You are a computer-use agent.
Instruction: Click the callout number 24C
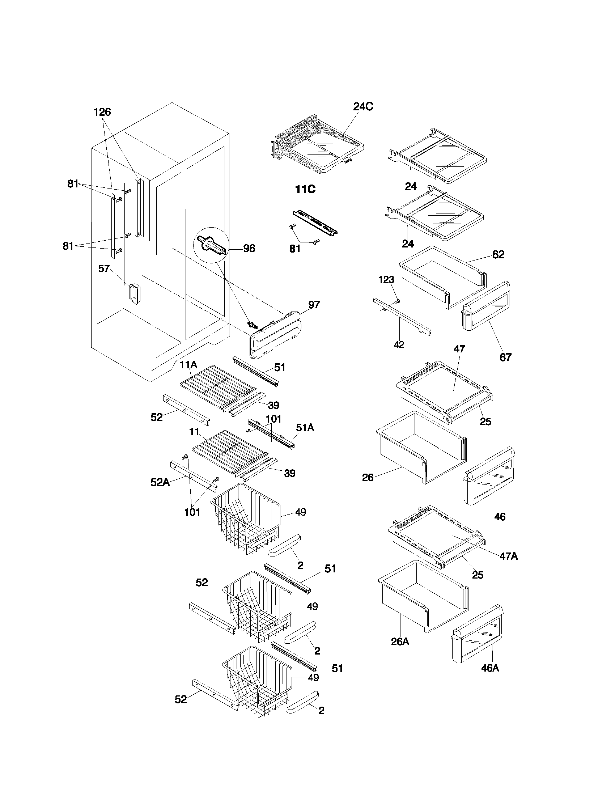(x=363, y=107)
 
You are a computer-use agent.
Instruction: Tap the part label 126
(x=102, y=112)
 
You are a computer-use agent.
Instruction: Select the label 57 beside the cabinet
(x=104, y=268)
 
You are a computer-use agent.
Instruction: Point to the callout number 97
(x=314, y=305)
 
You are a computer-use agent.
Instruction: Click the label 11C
(x=305, y=189)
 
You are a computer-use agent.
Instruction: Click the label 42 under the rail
(x=399, y=345)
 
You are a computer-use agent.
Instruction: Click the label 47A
(x=509, y=556)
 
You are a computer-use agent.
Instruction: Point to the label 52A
(x=160, y=482)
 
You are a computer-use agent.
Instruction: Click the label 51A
(x=305, y=428)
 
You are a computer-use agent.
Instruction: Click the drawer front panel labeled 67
(x=485, y=306)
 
